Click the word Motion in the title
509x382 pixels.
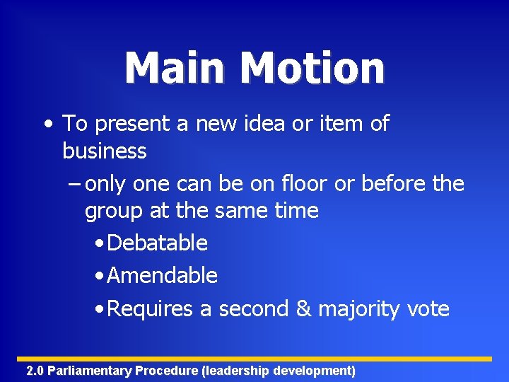(x=312, y=68)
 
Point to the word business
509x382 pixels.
(x=105, y=151)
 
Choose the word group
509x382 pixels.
(x=112, y=211)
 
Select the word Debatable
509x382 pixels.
(x=157, y=243)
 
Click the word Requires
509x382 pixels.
(x=150, y=309)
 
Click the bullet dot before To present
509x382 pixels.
(x=47, y=125)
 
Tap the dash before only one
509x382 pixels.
(x=76, y=184)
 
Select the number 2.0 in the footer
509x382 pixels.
(x=35, y=371)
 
